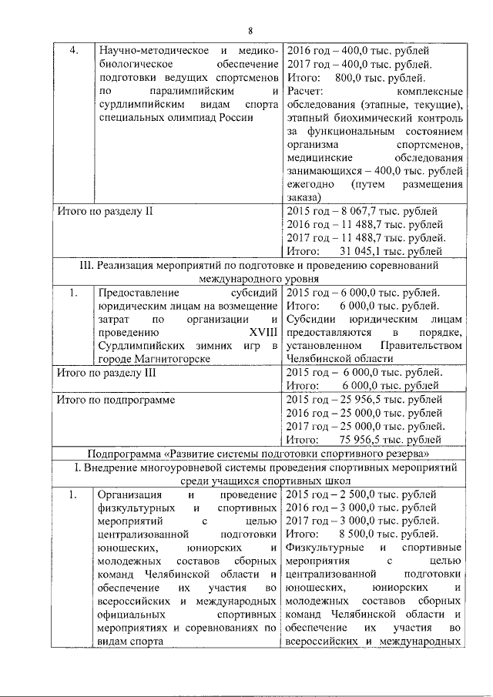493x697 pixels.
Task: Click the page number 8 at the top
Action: pos(250,31)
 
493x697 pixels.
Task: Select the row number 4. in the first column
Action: pos(75,51)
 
